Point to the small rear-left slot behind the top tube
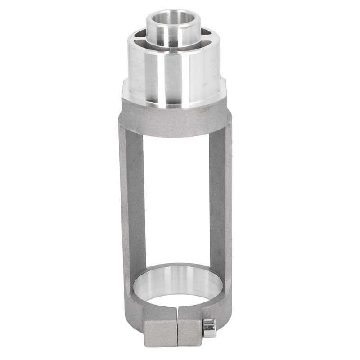click(x=143, y=32)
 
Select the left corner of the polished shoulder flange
click(x=126, y=92)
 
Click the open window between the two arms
click(x=175, y=193)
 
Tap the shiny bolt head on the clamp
click(x=209, y=328)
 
